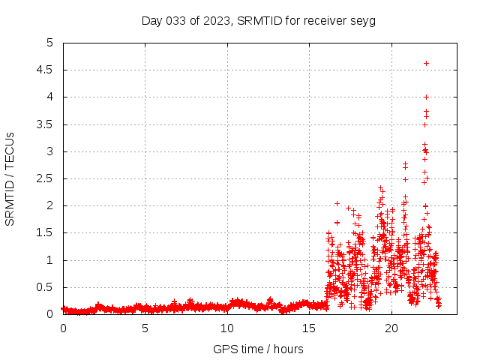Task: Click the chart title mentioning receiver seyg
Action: click(259, 20)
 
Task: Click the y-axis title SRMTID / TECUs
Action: click(10, 179)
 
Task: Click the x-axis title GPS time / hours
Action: click(259, 349)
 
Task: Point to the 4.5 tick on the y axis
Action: click(49, 70)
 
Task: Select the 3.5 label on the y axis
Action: click(49, 124)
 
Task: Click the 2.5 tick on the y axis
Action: click(49, 178)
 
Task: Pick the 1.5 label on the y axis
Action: click(49, 233)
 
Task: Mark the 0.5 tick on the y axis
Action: click(49, 287)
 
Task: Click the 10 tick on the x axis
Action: click(226, 328)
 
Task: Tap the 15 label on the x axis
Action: click(308, 328)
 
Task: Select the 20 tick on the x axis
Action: click(390, 328)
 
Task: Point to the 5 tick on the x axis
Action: click(145, 328)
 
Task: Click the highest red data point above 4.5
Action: click(426, 63)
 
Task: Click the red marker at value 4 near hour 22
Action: click(426, 97)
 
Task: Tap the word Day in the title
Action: click(152, 20)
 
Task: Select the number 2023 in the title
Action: click(215, 20)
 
